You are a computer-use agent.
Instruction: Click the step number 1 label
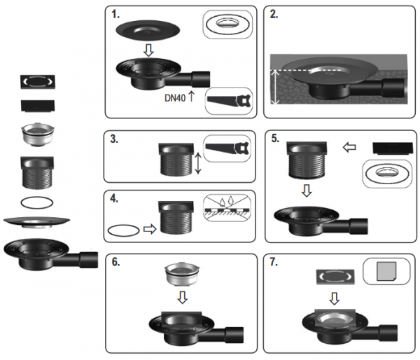(x=115, y=15)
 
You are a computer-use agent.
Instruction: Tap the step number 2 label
(x=274, y=15)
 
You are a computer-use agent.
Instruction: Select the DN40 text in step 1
(x=175, y=98)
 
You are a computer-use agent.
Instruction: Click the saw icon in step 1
(x=230, y=102)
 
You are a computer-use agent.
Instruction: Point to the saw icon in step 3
(x=227, y=148)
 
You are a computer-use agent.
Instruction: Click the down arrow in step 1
(x=148, y=50)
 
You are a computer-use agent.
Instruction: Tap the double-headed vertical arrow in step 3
(x=197, y=163)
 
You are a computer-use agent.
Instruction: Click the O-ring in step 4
(x=124, y=230)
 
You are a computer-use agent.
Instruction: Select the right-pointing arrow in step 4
(x=150, y=229)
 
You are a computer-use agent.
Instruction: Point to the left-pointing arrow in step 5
(x=349, y=147)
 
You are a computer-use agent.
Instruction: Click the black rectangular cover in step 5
(x=393, y=148)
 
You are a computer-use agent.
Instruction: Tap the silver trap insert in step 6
(x=183, y=275)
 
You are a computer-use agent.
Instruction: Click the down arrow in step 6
(x=183, y=298)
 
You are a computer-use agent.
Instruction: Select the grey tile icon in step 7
(x=386, y=271)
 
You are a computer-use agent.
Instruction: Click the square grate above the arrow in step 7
(x=335, y=277)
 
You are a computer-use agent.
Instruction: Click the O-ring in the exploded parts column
(x=37, y=202)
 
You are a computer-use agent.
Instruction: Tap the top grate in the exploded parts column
(x=38, y=82)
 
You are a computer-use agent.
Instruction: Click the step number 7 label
(x=274, y=262)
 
